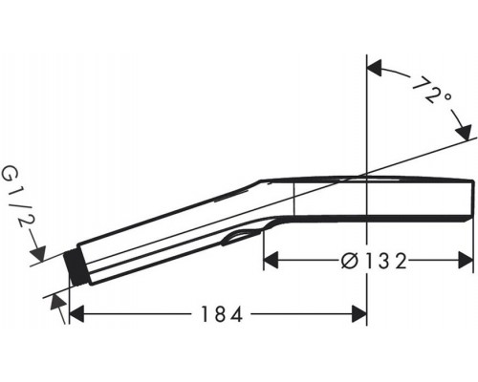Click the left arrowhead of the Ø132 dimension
[271, 259]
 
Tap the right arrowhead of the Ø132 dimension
[467, 259]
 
